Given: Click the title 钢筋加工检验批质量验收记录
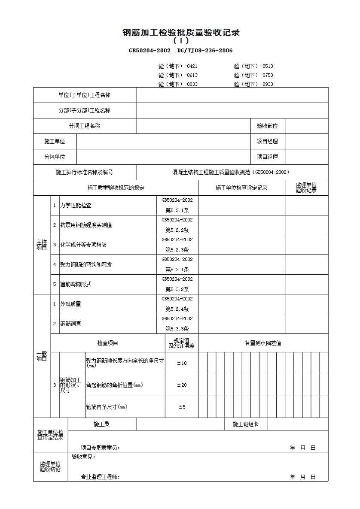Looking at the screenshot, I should pyautogui.click(x=181, y=33).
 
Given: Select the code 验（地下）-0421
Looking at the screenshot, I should pyautogui.click(x=178, y=66).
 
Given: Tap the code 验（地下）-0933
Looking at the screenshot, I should pyautogui.click(x=253, y=84).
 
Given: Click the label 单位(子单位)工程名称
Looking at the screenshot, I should pyautogui.click(x=85, y=95).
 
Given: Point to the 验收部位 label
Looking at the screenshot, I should pyautogui.click(x=267, y=126).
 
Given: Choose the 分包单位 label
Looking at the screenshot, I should pyautogui.click(x=55, y=157).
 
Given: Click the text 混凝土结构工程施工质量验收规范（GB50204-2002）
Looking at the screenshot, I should pyautogui.click(x=231, y=173).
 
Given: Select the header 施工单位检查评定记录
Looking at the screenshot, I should pyautogui.click(x=241, y=188).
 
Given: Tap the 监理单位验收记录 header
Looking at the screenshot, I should pyautogui.click(x=306, y=188).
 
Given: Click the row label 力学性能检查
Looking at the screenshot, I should pyautogui.click(x=76, y=206).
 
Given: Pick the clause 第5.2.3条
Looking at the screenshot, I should pyautogui.click(x=177, y=250).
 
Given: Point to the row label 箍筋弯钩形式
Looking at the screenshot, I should pyautogui.click(x=76, y=284).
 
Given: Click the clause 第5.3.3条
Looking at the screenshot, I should pyautogui.click(x=177, y=329).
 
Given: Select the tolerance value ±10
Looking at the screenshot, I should pyautogui.click(x=182, y=363).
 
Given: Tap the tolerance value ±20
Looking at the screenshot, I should pyautogui.click(x=182, y=385).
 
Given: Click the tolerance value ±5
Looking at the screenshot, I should pyautogui.click(x=182, y=407).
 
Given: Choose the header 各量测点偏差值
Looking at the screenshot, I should pyautogui.click(x=263, y=343).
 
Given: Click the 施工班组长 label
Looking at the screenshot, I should pyautogui.click(x=246, y=424).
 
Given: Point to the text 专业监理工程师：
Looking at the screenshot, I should pyautogui.click(x=101, y=477).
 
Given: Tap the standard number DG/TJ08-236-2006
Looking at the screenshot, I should pyautogui.click(x=205, y=51).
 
